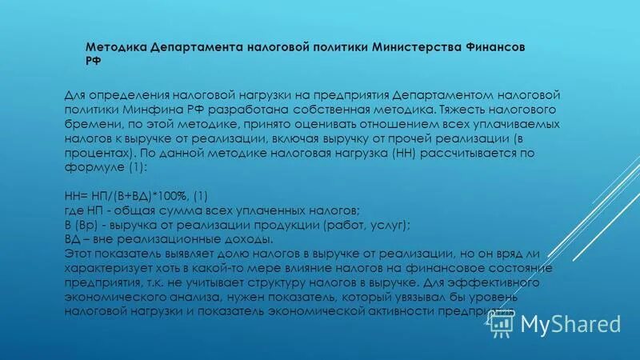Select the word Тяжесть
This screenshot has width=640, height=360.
point(376,110)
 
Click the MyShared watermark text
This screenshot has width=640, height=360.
point(572,324)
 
